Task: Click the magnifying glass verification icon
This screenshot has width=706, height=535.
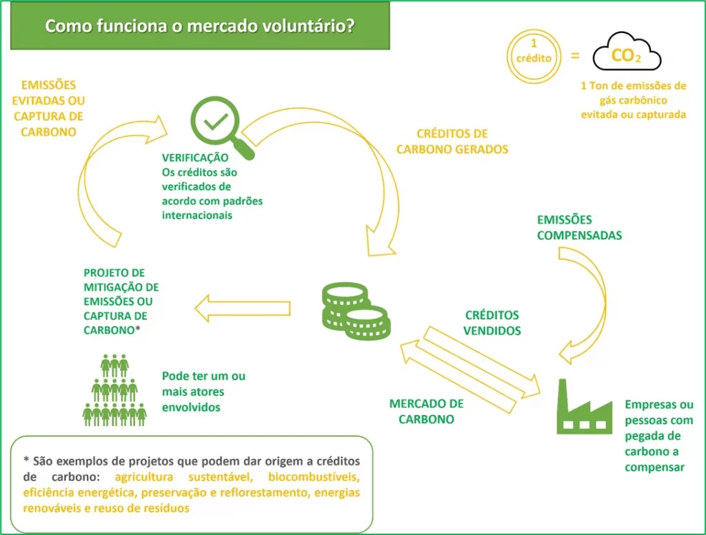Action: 219,125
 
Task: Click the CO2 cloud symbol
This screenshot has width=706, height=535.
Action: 626,54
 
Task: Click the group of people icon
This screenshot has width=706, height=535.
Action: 114,390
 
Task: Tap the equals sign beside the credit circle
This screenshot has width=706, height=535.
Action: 576,54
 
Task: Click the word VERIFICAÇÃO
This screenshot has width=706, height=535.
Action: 194,157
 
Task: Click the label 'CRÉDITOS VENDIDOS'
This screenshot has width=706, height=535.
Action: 492,323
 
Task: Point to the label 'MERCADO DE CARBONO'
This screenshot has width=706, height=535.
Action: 426,411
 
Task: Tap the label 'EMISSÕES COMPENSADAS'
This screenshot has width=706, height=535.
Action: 579,228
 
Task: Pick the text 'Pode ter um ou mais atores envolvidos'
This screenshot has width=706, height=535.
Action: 203,392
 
